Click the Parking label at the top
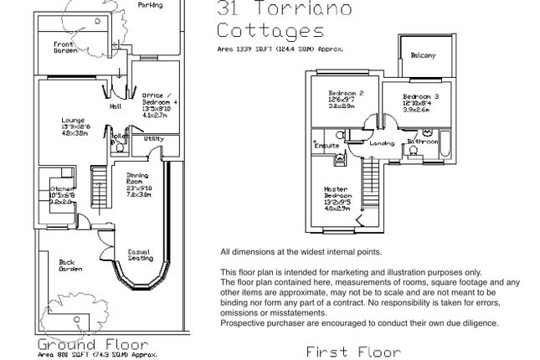151,5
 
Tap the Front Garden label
65,47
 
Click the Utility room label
153,139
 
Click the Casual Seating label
139,255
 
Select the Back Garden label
70,266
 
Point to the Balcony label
423,56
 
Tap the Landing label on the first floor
383,143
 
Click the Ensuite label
327,146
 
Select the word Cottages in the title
270,32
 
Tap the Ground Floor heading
92,345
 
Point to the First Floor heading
352,352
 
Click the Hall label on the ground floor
116,106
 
